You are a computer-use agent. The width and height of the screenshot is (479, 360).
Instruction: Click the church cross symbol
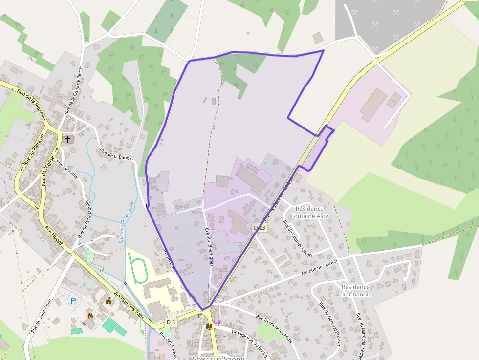point(68,139)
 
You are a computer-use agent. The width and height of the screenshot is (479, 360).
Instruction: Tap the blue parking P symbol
point(73,301)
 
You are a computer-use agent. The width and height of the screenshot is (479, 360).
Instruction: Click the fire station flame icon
point(90,316)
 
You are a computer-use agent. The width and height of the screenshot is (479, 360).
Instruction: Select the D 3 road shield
point(171,322)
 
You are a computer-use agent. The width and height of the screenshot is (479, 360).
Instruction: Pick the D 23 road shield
point(260,228)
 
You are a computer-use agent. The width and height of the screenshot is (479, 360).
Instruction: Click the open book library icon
point(210,326)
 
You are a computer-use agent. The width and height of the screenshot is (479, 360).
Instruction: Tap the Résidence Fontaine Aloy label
point(310,212)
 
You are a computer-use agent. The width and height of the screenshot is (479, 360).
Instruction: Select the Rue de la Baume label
point(117,154)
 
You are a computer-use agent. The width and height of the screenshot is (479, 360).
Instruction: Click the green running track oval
point(138,268)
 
